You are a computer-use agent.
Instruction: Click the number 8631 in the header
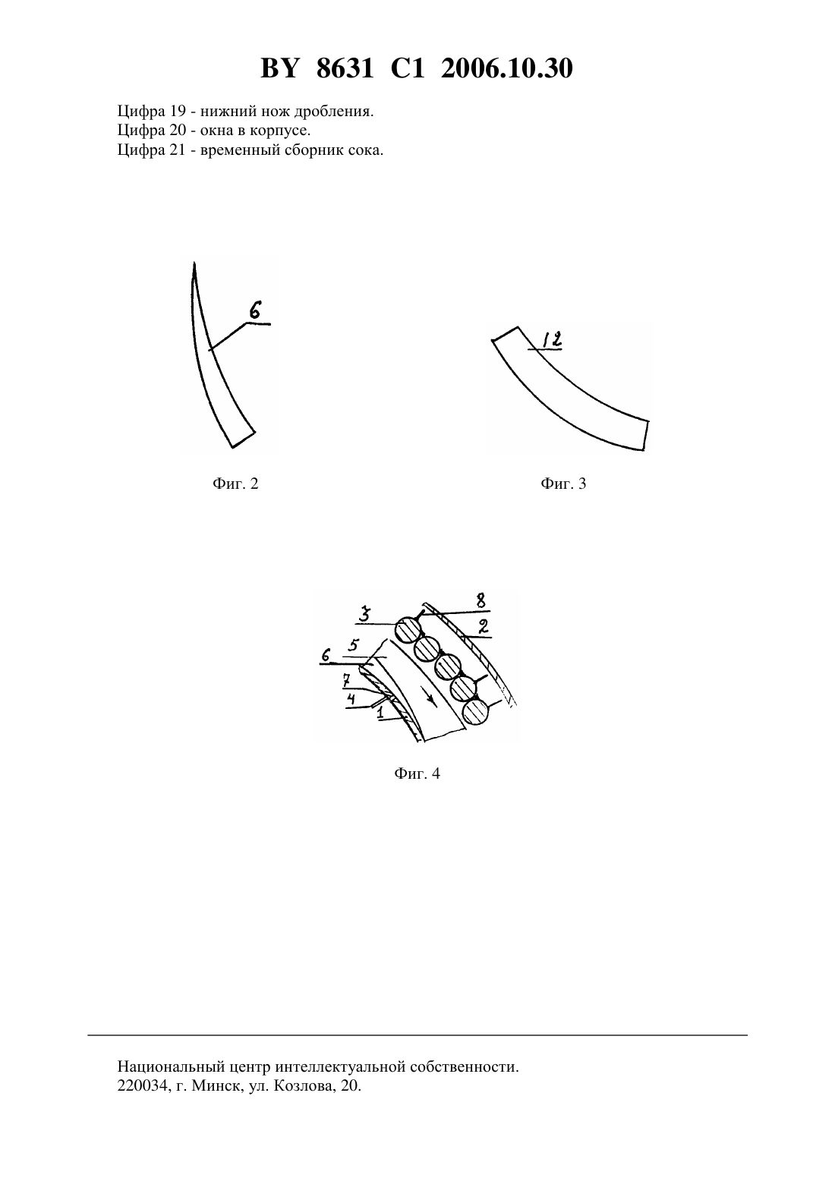tap(345, 68)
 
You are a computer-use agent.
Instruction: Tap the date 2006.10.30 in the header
tap(506, 68)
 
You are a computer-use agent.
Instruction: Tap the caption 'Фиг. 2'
tap(235, 483)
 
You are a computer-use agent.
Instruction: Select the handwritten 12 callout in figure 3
tap(552, 339)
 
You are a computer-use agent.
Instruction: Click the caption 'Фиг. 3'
tap(563, 483)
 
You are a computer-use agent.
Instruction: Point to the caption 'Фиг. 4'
tap(417, 773)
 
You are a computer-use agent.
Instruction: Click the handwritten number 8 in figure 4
tap(481, 600)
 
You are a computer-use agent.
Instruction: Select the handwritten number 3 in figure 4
tap(365, 614)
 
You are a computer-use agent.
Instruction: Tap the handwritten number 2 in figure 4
tap(483, 626)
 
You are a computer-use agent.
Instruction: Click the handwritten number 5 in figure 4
tap(353, 645)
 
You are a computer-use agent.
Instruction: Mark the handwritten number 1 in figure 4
tap(380, 714)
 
